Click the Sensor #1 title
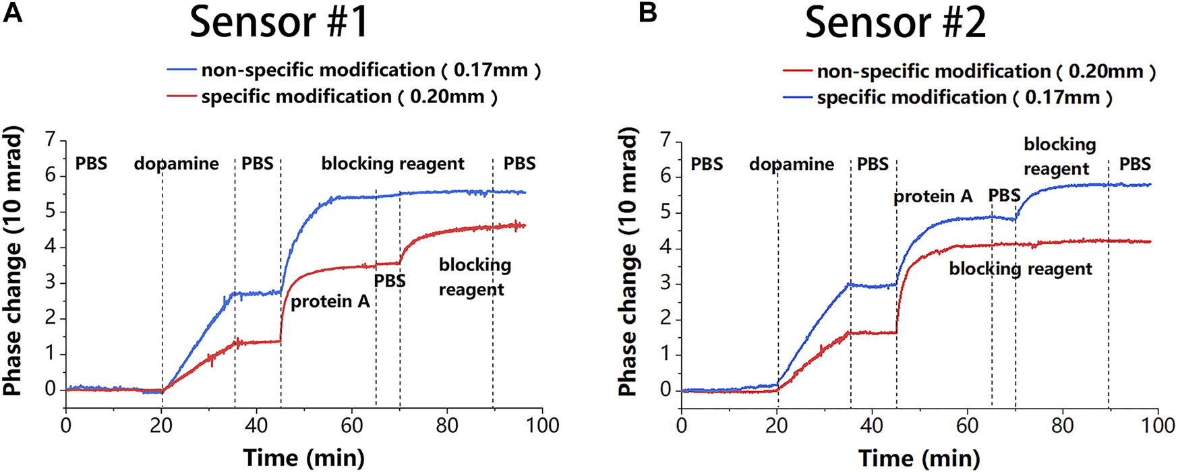point(279,22)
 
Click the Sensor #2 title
point(895,22)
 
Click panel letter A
point(13,12)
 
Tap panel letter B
point(647,12)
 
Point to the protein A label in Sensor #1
point(330,301)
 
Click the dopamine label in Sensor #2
point(792,164)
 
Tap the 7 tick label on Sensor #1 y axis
point(50,140)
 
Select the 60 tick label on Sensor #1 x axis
point(352,425)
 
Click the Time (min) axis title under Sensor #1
point(303,458)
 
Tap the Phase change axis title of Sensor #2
point(628,263)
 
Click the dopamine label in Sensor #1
point(176,164)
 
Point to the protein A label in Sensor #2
point(933,196)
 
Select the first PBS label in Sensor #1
point(91,164)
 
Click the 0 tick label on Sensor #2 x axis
point(682,425)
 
